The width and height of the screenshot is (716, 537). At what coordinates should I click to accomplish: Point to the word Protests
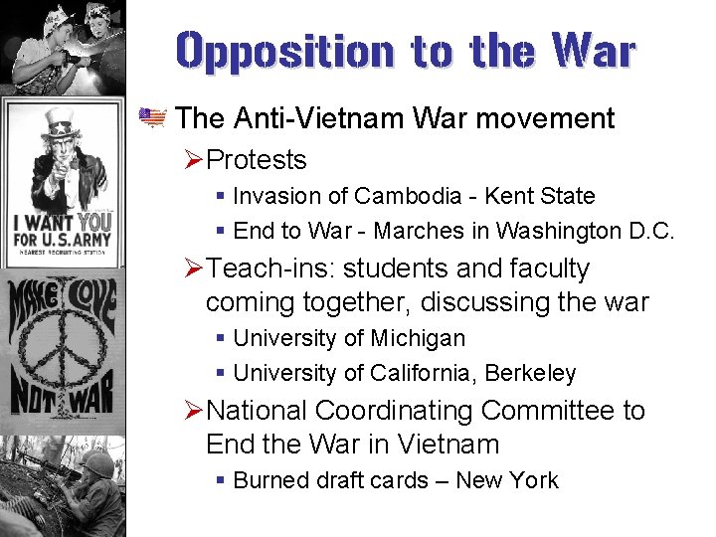258,160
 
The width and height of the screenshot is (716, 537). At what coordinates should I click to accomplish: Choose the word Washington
546,232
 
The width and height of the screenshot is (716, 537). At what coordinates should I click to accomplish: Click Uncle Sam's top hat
61,123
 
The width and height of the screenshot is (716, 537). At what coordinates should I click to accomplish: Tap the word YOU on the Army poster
94,221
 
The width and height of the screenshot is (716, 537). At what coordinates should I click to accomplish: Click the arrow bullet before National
194,411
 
